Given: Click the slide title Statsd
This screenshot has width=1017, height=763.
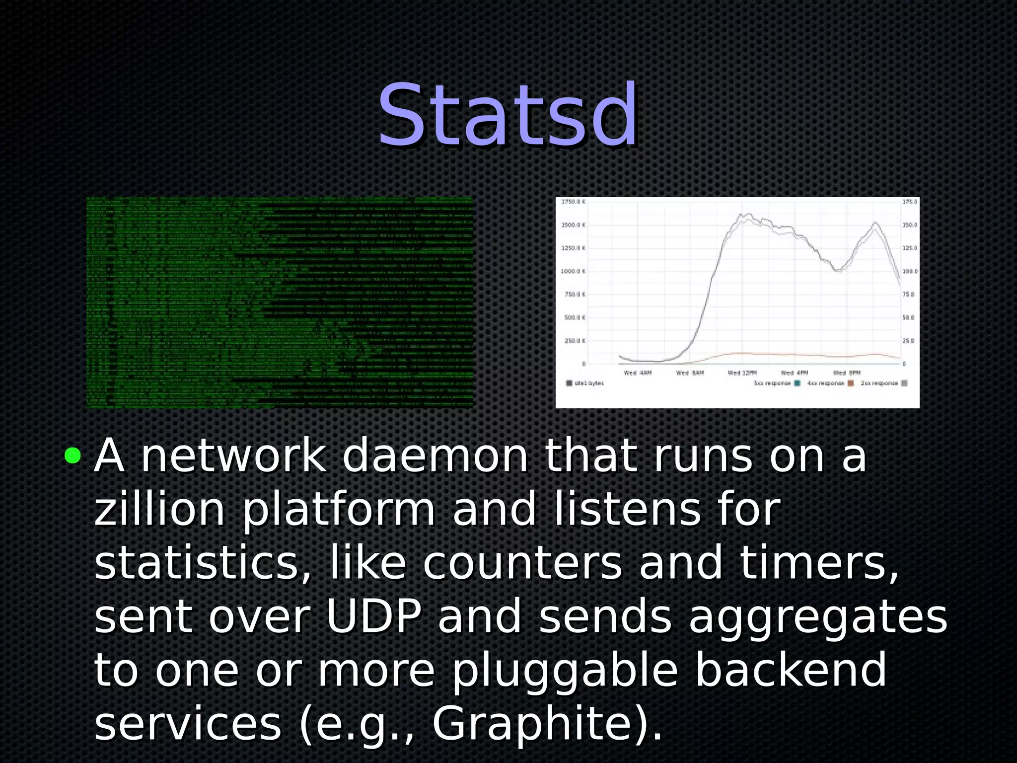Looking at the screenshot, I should [x=508, y=116].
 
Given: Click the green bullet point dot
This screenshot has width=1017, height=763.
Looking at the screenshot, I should [x=73, y=455].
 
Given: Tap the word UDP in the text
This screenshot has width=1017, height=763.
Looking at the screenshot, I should [x=373, y=616].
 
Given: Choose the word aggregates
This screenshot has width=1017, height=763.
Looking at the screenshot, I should [x=818, y=617].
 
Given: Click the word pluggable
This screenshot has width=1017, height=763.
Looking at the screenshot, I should [x=565, y=671].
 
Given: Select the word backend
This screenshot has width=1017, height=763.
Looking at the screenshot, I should [x=790, y=670].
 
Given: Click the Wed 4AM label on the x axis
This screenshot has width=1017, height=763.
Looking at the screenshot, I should [x=638, y=373].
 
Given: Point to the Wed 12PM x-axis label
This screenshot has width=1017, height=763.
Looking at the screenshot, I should [x=742, y=373].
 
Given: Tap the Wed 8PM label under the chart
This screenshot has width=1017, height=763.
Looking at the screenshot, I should [x=847, y=373].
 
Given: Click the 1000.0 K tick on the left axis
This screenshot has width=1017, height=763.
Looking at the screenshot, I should [x=573, y=271].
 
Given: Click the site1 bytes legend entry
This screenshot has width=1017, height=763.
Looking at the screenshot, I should [x=586, y=383].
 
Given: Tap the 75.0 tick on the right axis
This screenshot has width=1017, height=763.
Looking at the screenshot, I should [x=908, y=295].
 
